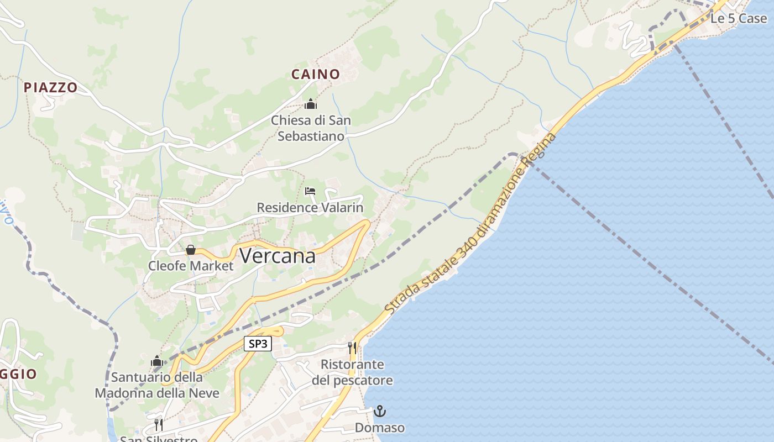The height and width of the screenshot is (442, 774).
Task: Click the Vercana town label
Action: [x=278, y=256]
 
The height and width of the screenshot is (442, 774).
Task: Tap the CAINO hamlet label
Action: [x=315, y=74]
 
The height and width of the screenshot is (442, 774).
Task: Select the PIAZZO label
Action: [x=50, y=87]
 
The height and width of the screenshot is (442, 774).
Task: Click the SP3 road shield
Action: [x=258, y=344]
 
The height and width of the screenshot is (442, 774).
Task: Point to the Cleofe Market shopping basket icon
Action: [x=191, y=250]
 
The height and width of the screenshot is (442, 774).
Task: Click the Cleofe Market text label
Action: [x=191, y=266]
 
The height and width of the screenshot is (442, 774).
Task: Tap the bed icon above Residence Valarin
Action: [x=310, y=191]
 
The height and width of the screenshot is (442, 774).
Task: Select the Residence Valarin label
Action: [x=310, y=208]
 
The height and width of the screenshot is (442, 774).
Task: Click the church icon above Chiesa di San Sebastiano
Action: [x=311, y=104]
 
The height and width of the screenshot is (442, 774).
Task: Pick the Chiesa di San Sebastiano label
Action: [x=311, y=128]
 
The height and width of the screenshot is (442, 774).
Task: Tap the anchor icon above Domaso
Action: [x=379, y=411]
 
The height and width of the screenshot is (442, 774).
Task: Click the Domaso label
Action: [x=379, y=428]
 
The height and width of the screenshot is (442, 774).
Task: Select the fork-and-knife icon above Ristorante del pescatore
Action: [x=352, y=348]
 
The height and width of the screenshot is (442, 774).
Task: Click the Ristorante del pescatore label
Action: [x=352, y=372]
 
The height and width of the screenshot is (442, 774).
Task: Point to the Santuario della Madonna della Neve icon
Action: [x=157, y=361]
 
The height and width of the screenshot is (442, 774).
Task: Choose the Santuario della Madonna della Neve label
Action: [x=157, y=385]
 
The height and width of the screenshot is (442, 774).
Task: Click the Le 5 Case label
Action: [x=739, y=18]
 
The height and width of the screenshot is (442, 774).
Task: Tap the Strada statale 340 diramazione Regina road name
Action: [x=470, y=224]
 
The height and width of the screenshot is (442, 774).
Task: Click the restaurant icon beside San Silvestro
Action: [x=159, y=424]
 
